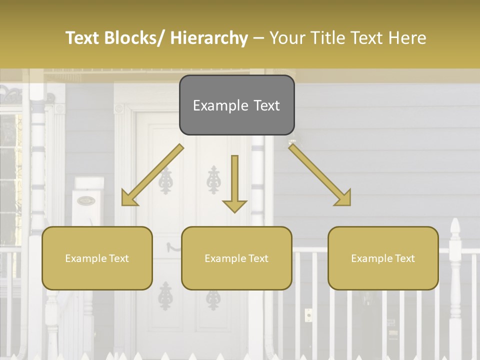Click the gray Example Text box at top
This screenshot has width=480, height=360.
tap(236, 105)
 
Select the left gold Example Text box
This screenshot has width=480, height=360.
tap(97, 258)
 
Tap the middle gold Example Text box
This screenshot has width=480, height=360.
tap(236, 258)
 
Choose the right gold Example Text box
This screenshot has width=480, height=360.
tap(383, 258)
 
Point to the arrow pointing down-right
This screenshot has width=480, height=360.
tap(320, 175)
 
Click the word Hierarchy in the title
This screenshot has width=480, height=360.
tap(209, 38)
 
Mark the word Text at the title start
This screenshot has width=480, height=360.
tap(83, 38)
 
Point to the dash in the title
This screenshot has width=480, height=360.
tap(258, 38)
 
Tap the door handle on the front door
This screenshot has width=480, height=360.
tap(173, 246)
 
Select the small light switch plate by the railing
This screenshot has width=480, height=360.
tap(308, 315)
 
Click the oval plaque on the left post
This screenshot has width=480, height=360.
tap(86, 201)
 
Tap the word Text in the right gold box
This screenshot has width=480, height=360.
tap(404, 258)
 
